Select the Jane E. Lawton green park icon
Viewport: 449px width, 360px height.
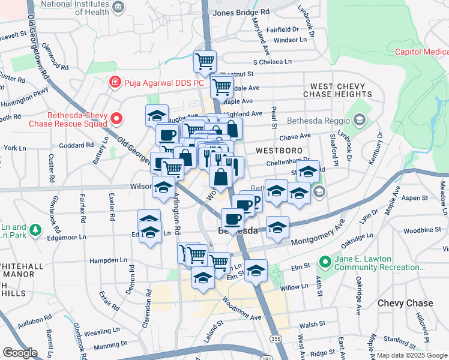point(325,262)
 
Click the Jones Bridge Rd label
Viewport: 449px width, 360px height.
point(241,12)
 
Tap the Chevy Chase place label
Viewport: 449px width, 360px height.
point(405,303)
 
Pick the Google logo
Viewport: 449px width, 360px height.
point(20,353)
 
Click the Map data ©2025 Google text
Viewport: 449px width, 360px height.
point(411,355)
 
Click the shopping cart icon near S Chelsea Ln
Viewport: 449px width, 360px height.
point(205,61)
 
